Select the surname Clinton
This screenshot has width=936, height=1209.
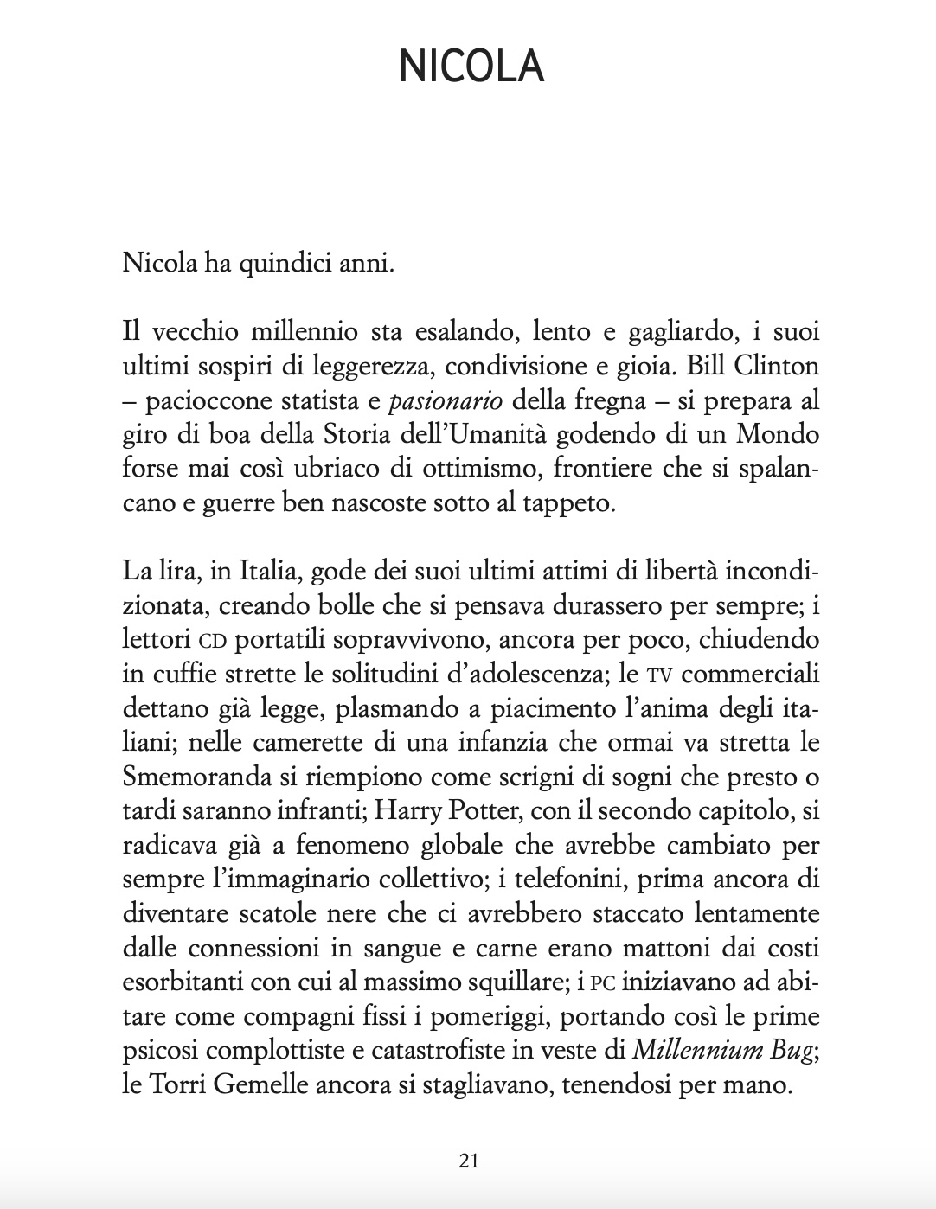777,366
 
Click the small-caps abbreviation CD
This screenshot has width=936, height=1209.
212,642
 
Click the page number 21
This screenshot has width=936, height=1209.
469,1161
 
